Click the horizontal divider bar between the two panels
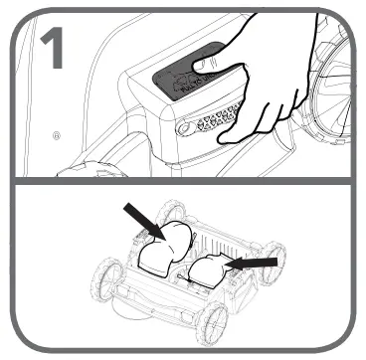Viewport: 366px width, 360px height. (x=183, y=181)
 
